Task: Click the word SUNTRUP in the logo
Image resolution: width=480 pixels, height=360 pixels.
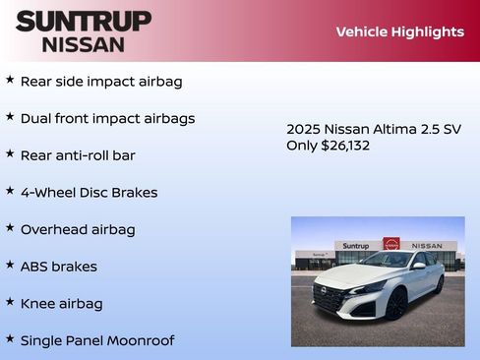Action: click(x=84, y=21)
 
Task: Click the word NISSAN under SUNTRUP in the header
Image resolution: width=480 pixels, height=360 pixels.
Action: click(x=84, y=44)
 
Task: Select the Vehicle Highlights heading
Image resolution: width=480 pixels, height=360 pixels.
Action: click(x=399, y=31)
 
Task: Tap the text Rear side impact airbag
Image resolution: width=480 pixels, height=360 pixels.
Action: click(x=101, y=82)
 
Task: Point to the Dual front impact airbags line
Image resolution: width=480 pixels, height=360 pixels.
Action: click(x=107, y=118)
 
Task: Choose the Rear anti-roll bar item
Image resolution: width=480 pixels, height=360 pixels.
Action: click(x=78, y=155)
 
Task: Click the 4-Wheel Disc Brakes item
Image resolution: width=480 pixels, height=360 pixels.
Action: click(x=89, y=193)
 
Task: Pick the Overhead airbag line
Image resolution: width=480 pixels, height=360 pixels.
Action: click(x=78, y=229)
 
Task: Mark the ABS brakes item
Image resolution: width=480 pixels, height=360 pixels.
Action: click(x=58, y=267)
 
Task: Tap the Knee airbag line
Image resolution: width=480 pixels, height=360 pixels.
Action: click(x=61, y=304)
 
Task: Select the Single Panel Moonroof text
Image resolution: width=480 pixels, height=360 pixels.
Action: click(x=96, y=340)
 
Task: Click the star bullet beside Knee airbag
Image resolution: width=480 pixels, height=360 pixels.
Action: click(x=10, y=302)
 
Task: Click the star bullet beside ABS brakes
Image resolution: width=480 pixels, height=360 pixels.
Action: click(x=10, y=265)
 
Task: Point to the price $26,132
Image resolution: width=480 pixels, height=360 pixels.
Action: click(x=345, y=146)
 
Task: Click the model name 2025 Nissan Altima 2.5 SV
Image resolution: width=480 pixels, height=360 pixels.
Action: click(x=373, y=129)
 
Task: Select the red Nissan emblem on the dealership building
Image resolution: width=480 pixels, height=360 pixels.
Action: click(x=390, y=244)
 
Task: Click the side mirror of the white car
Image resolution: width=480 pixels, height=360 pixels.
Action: click(x=419, y=266)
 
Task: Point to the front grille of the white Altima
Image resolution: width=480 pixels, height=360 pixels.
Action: click(x=331, y=294)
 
